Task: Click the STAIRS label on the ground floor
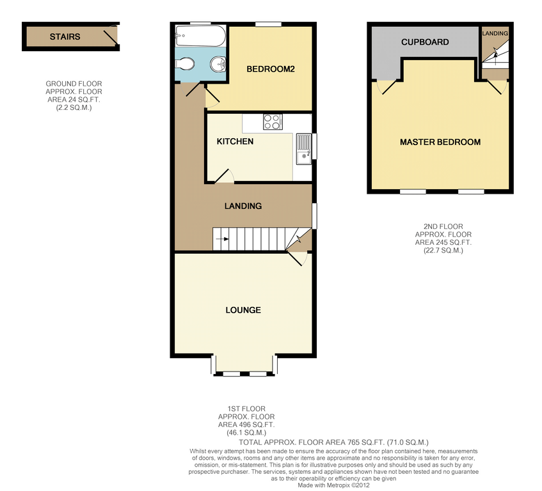click(x=65, y=36)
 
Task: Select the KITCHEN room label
click(x=235, y=141)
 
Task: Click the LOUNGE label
click(x=243, y=310)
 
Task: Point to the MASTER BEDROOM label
click(x=440, y=142)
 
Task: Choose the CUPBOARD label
click(x=425, y=42)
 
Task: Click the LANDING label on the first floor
click(x=243, y=206)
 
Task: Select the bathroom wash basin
click(x=218, y=63)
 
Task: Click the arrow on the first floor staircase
click(x=223, y=239)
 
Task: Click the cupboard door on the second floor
click(x=386, y=86)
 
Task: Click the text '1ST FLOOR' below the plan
click(x=246, y=409)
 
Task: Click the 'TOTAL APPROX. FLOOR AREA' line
click(x=333, y=442)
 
